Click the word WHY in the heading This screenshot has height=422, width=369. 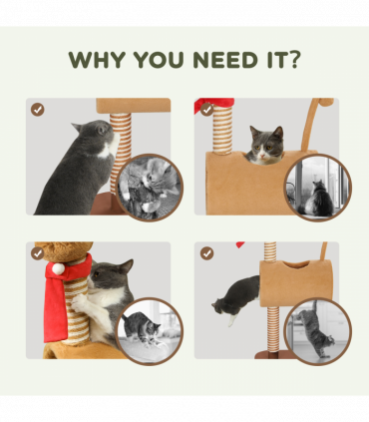pos(97,61)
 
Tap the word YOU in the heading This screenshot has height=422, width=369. pos(160,61)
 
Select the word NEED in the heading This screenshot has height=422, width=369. pos(225,61)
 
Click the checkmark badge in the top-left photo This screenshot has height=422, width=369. pos(38,110)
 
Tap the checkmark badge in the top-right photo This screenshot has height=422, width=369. pos(205,110)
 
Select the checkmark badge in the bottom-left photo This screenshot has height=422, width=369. pos(38,253)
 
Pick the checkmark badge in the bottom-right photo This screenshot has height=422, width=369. pos(205,253)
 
